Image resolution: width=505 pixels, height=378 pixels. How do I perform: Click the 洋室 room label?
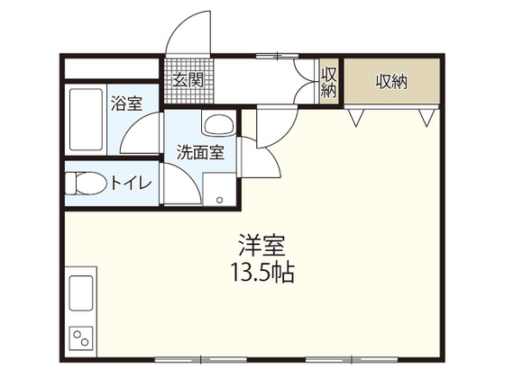click(x=262, y=244)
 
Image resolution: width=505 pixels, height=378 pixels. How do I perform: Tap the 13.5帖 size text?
click(x=263, y=272)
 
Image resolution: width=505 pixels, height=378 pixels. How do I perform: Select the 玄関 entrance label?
click(x=188, y=80)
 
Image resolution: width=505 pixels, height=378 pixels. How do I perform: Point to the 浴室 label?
click(x=125, y=102)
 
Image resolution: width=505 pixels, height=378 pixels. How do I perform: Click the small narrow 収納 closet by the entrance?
click(x=328, y=82)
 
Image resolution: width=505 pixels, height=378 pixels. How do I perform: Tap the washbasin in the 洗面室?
click(x=218, y=127)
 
